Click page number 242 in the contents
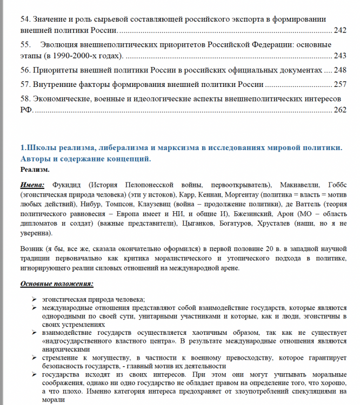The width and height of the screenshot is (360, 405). tap(340, 31)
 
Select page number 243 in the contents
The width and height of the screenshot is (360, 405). tap(340, 56)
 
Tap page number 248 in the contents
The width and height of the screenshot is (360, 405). tap(340, 70)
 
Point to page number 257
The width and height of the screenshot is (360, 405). tap(340, 85)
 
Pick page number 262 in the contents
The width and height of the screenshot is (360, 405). tap(340, 110)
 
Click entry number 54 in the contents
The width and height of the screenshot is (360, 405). tap(25, 18)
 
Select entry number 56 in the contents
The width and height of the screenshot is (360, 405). tap(25, 70)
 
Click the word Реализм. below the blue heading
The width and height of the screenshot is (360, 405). tap(35, 170)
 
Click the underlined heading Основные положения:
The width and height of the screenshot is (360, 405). tap(57, 283)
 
